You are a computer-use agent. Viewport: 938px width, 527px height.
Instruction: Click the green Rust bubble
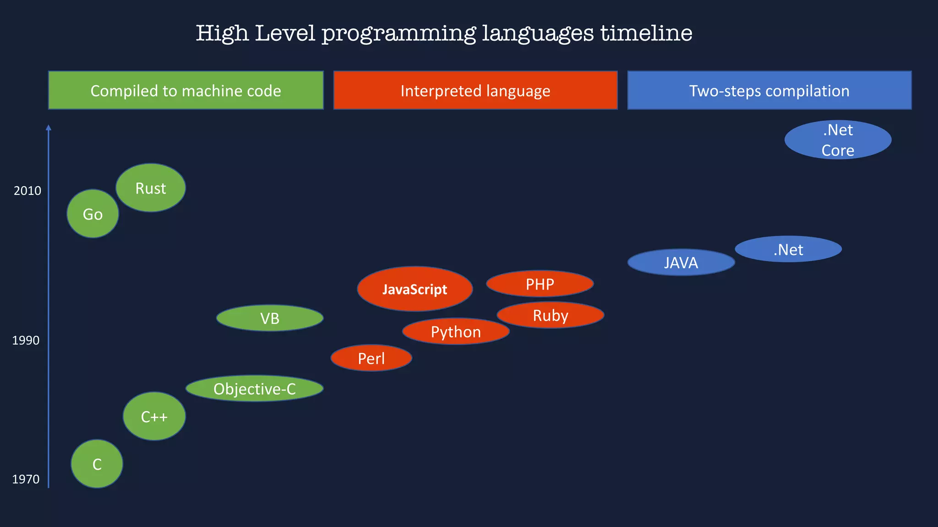(151, 188)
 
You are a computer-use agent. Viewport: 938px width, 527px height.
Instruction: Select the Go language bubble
(93, 214)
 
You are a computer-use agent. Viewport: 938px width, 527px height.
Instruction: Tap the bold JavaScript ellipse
(415, 289)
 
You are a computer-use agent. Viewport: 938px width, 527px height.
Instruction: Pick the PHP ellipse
(540, 284)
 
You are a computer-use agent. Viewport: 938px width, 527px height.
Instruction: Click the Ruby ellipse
(551, 315)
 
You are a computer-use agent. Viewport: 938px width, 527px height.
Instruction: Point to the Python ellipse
(456, 332)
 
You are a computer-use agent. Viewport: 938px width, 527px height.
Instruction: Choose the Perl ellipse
(371, 358)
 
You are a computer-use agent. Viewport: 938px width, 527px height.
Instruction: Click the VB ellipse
(270, 318)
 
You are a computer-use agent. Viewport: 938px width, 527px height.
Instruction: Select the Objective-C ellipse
(255, 389)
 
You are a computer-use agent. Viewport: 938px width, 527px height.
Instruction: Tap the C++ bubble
(154, 416)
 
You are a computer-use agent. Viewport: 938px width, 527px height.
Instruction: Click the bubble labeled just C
(97, 464)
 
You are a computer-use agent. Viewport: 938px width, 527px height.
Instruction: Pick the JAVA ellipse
(681, 263)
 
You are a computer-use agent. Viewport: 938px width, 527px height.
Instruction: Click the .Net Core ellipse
(838, 140)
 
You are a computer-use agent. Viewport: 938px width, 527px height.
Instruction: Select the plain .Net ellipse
(788, 249)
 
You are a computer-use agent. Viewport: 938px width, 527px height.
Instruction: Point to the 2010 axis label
(27, 191)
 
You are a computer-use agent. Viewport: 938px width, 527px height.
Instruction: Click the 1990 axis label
(26, 340)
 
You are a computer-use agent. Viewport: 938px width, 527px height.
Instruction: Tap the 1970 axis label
(26, 479)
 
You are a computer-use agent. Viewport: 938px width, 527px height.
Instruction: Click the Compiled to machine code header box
(186, 91)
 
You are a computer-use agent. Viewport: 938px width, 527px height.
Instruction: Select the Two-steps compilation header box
(769, 91)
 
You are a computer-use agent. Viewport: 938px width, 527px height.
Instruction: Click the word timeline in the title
(646, 33)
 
